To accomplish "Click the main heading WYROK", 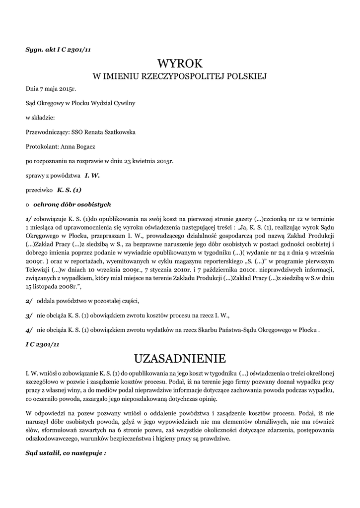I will coord(180,63).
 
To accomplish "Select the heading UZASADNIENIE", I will coord(180,358).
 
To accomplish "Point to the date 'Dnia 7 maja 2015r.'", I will coord(51,89).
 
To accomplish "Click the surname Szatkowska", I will coord(118,132).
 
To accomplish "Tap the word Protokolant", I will coord(42,147).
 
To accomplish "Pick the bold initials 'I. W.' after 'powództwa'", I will coord(92,176).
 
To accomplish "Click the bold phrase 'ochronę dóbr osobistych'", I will coord(72,204).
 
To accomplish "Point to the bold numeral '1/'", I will coord(29,219).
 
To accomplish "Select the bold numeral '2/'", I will coord(29,301).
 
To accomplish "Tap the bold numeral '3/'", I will coord(29,315).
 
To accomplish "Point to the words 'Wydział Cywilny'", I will coord(114,104).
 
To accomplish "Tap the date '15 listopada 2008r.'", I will coord(53,287).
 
